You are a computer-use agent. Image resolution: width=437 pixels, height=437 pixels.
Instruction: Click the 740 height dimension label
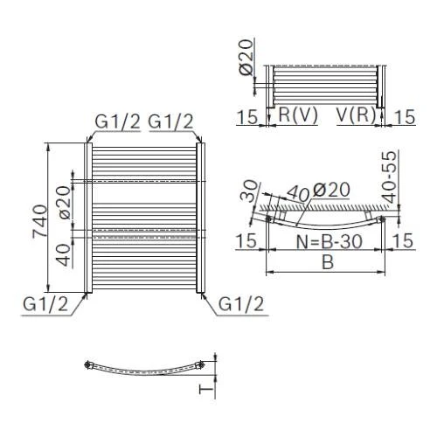coord(39,221)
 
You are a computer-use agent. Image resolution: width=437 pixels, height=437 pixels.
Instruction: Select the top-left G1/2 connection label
coord(118,121)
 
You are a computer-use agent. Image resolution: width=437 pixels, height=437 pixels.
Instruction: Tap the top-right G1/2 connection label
coord(170,121)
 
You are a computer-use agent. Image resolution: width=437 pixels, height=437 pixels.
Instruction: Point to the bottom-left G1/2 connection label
coord(45,304)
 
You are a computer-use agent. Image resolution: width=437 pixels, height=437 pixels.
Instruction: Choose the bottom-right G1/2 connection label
coord(241,304)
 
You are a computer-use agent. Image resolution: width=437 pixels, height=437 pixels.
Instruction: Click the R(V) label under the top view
coord(298,115)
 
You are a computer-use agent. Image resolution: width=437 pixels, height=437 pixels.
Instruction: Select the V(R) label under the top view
coord(356,115)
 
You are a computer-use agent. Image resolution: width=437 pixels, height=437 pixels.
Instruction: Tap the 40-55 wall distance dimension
coord(390,177)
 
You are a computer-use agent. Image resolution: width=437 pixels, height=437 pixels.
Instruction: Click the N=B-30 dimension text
coord(329,241)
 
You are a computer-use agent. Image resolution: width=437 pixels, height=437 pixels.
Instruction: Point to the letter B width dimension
coord(328,262)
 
